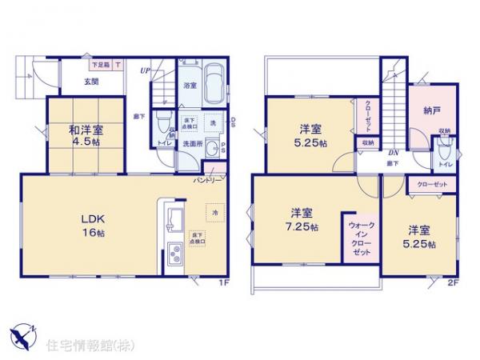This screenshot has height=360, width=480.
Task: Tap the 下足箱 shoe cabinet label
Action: (101, 64)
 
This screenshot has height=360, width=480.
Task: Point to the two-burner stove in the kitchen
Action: (174, 256)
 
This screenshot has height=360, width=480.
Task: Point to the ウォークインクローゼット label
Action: (358, 238)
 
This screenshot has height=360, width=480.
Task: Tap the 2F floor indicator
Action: (451, 282)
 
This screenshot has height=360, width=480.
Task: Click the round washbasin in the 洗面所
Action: (212, 150)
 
